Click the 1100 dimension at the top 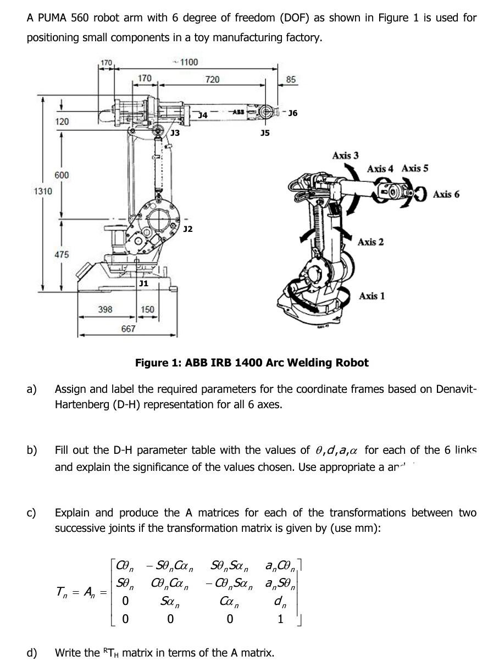[x=189, y=62]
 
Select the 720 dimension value [x=212, y=80]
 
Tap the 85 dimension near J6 [x=291, y=80]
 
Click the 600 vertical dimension [x=62, y=175]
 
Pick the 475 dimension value [x=62, y=254]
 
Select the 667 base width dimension [x=129, y=329]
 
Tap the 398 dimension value [x=105, y=309]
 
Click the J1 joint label [x=143, y=283]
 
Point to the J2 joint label [x=187, y=229]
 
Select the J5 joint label [x=265, y=133]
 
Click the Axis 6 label [x=446, y=194]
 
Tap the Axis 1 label [x=372, y=296]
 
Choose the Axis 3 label [x=345, y=155]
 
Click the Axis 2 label [x=370, y=242]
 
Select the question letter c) [x=32, y=513]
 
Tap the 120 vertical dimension [x=62, y=121]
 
